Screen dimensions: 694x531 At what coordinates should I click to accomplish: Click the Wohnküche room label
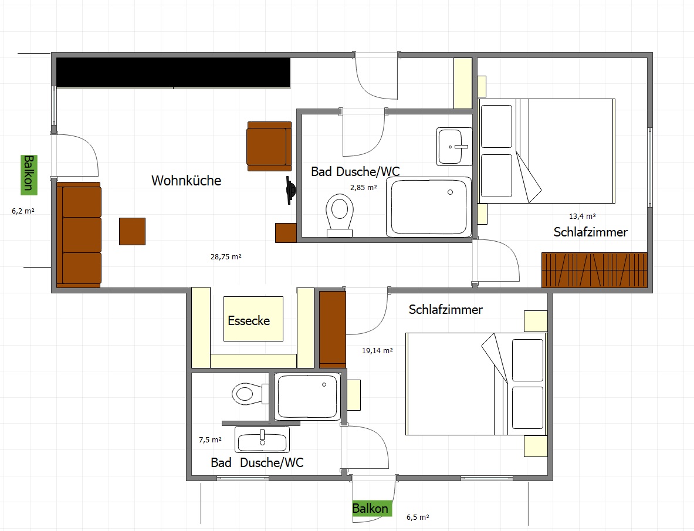(187, 181)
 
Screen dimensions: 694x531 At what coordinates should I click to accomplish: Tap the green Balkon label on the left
(29, 175)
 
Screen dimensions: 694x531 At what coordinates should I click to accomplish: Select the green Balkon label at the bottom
(370, 509)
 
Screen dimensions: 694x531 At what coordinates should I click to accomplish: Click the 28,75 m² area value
(226, 256)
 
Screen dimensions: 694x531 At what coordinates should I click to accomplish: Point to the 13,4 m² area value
(582, 217)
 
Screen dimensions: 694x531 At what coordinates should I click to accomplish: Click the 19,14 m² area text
(377, 350)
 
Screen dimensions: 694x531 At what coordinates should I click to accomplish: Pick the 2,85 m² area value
(363, 188)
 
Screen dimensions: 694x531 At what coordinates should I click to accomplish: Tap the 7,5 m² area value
(210, 440)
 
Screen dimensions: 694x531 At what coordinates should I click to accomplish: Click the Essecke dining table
(253, 319)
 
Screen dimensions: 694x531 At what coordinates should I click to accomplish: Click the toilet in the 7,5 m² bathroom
(250, 393)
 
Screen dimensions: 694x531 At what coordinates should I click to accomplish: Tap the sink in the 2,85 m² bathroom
(454, 147)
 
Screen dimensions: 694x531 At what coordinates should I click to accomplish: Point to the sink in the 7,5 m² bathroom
(262, 440)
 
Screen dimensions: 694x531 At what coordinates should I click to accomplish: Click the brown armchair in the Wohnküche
(269, 147)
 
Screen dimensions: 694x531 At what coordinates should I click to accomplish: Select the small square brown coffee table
(133, 231)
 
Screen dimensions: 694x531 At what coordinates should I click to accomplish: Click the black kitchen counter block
(173, 73)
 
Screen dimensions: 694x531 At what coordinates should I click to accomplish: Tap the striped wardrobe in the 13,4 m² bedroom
(594, 270)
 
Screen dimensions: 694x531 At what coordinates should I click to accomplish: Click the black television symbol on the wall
(290, 190)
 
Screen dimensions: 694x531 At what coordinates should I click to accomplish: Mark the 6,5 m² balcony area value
(418, 518)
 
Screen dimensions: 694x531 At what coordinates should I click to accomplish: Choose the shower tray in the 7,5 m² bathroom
(307, 397)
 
